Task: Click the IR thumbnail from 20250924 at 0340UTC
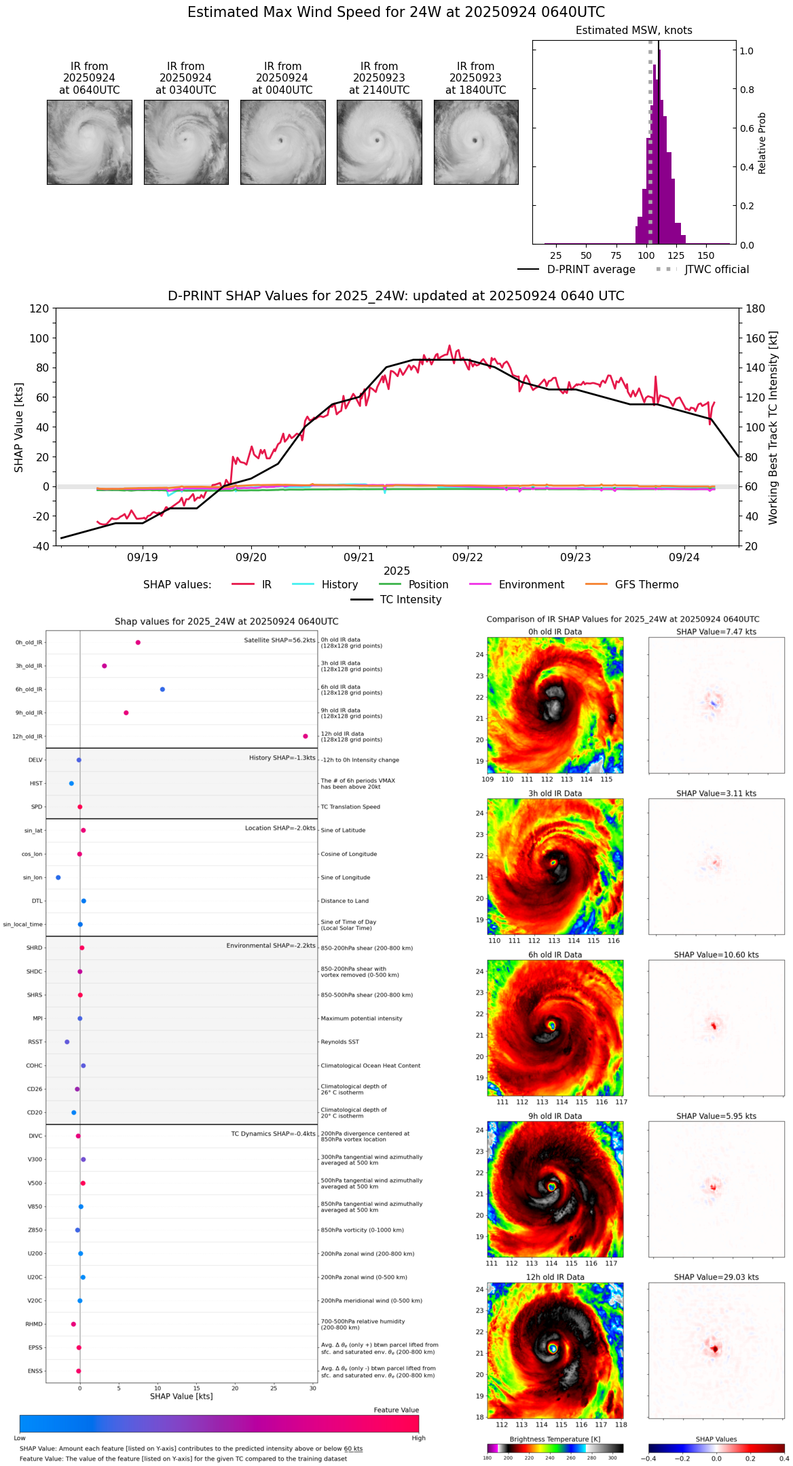(x=185, y=142)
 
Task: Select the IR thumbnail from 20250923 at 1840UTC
(x=476, y=142)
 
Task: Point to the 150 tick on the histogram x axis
(x=706, y=256)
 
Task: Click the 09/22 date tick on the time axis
(x=467, y=558)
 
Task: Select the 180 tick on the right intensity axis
(x=755, y=309)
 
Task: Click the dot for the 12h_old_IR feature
(x=306, y=736)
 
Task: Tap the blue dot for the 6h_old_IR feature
(x=162, y=690)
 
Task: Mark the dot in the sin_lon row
(x=58, y=878)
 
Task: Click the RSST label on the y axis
(x=35, y=1042)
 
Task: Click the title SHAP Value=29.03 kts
(x=716, y=1278)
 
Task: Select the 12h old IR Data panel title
(x=555, y=1278)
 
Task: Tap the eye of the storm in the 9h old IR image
(x=552, y=1187)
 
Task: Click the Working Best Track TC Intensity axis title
(x=773, y=428)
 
